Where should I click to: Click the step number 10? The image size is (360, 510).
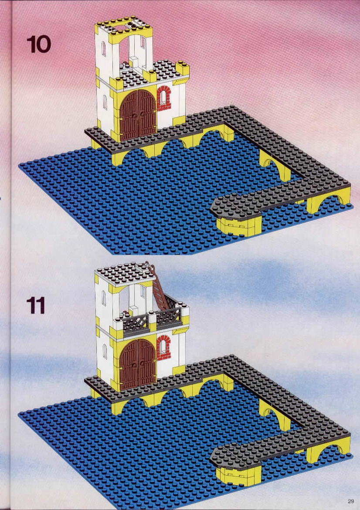(39, 44)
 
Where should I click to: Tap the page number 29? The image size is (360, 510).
(350, 501)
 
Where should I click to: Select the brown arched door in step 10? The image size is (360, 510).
(138, 115)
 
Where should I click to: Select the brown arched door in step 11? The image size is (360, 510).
(138, 364)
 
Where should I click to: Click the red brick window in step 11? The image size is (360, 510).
(163, 348)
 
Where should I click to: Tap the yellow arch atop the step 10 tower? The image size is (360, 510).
(130, 35)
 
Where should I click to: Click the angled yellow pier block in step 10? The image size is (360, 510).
(239, 226)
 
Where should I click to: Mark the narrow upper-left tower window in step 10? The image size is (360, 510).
(104, 49)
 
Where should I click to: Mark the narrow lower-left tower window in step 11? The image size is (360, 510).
(105, 351)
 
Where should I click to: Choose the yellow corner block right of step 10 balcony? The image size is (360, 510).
(183, 68)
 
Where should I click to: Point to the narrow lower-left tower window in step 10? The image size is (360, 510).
(105, 102)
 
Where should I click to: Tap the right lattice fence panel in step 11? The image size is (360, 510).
(169, 315)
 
